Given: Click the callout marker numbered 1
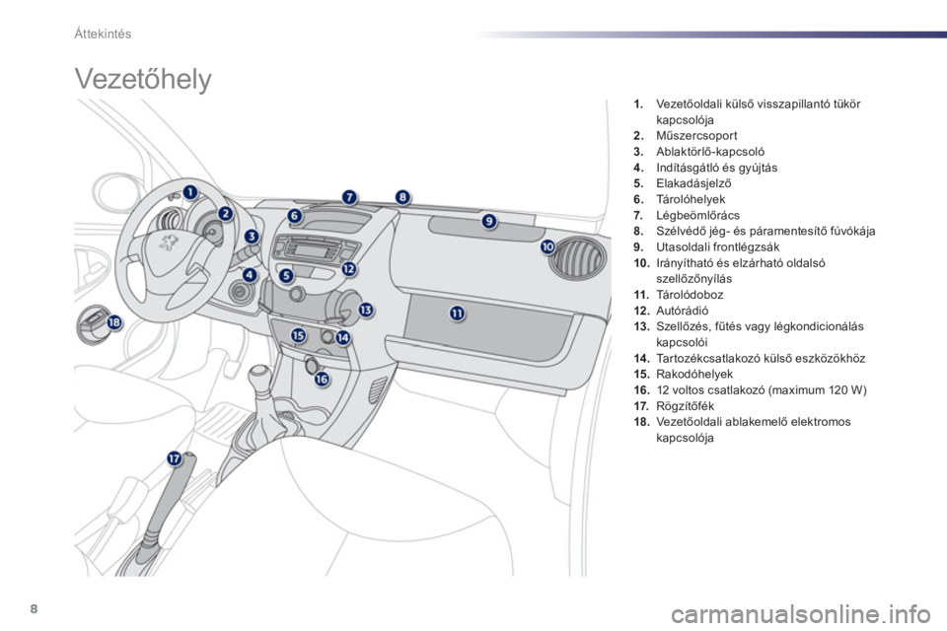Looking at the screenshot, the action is click(x=189, y=192).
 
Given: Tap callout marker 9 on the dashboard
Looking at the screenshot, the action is click(x=489, y=222).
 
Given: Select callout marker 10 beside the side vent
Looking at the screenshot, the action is click(x=547, y=246).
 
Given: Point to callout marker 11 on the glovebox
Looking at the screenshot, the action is click(x=457, y=313).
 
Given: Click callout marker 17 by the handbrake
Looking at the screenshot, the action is click(x=175, y=459).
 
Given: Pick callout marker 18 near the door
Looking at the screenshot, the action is click(x=114, y=323).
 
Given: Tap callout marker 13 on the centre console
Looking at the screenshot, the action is click(x=366, y=310).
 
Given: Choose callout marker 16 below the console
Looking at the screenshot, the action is click(x=322, y=380).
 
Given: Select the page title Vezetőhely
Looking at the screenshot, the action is click(x=143, y=79).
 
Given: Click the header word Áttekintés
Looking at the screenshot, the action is click(x=103, y=34).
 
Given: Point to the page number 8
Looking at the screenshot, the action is click(x=34, y=608).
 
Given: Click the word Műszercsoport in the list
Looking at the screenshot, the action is click(x=696, y=136).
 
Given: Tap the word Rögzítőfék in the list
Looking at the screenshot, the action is click(x=685, y=406).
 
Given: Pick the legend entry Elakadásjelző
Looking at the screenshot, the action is click(x=693, y=183).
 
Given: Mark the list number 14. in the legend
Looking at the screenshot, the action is click(x=641, y=359).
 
